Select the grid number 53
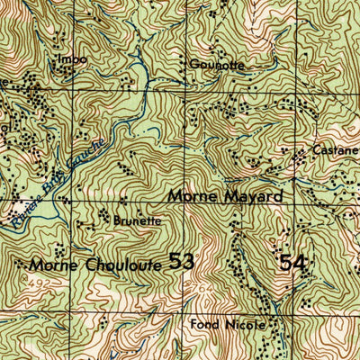pyautogui.click(x=181, y=262)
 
